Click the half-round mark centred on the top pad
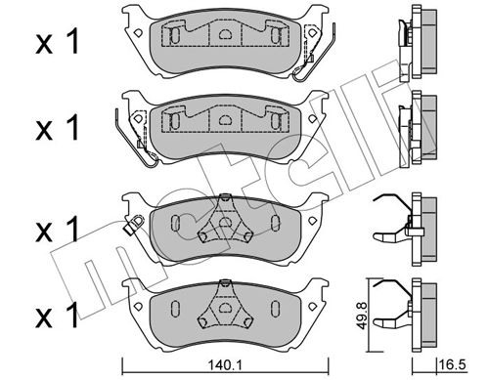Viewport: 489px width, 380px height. (224, 36)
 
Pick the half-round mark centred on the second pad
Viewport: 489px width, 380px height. (224, 121)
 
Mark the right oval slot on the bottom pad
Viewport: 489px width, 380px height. (277, 309)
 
